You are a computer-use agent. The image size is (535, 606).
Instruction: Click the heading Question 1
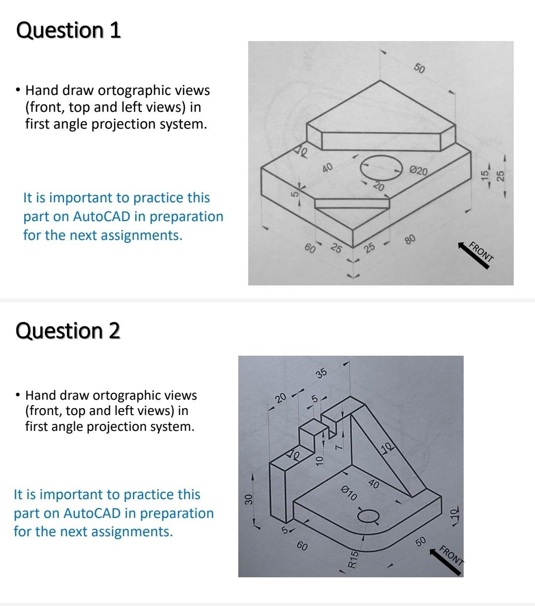click(68, 30)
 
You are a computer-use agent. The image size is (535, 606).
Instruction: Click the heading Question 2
click(68, 330)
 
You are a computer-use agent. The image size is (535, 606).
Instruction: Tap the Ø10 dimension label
click(349, 493)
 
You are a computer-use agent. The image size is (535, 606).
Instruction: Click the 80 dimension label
click(410, 240)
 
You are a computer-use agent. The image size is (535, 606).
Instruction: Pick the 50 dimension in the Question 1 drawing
click(419, 68)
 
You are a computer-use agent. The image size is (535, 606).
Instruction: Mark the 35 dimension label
click(321, 373)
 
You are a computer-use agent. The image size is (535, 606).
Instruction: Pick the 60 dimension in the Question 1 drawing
click(310, 248)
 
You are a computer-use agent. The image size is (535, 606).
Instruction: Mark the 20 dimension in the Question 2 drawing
click(281, 397)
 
